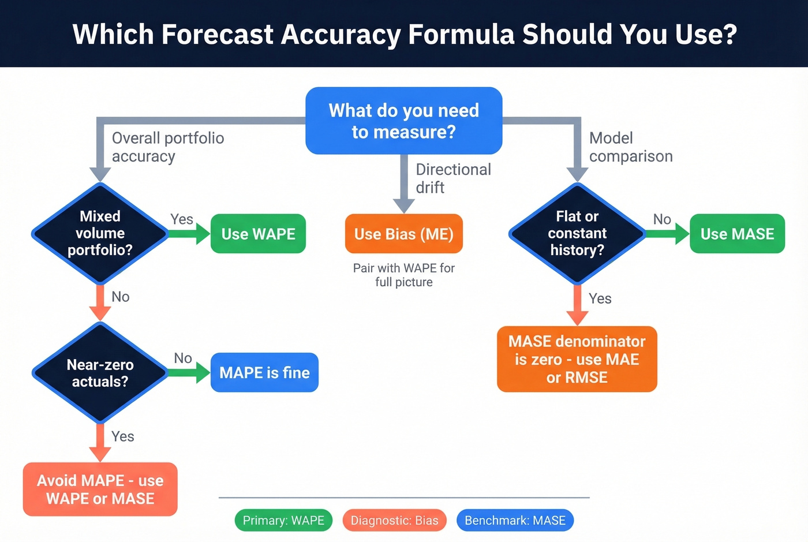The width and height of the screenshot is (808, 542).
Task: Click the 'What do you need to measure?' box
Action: click(x=403, y=121)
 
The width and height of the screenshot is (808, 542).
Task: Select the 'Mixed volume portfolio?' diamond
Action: click(x=100, y=233)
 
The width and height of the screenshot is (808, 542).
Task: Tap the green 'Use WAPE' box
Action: click(x=258, y=234)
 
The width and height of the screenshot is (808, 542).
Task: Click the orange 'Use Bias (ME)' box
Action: click(x=403, y=234)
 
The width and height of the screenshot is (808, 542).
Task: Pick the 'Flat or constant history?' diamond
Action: click(x=577, y=233)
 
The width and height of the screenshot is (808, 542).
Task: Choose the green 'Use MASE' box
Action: click(x=737, y=234)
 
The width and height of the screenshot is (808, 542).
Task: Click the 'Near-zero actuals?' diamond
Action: click(x=100, y=373)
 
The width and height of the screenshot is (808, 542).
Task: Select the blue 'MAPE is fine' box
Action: click(x=264, y=372)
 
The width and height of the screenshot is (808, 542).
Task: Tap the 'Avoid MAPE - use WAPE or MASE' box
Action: click(x=100, y=489)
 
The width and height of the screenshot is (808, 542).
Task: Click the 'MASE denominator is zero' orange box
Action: click(x=577, y=359)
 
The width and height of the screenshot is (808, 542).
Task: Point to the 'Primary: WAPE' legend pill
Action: click(x=283, y=520)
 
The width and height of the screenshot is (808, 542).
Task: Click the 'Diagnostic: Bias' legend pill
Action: click(x=394, y=520)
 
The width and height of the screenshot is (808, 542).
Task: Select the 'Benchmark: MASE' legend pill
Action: click(x=515, y=520)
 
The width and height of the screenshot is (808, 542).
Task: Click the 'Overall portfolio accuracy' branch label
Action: click(x=167, y=147)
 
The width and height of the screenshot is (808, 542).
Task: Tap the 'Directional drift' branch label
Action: click(x=453, y=178)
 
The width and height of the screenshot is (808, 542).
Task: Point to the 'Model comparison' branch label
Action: click(x=630, y=147)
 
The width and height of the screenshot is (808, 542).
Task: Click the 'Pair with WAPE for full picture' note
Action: click(x=403, y=275)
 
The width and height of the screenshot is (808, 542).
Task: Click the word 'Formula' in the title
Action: click(x=461, y=34)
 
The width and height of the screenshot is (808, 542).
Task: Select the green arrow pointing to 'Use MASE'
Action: click(x=667, y=234)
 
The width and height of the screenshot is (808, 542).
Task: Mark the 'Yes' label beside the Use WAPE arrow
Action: click(x=181, y=219)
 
